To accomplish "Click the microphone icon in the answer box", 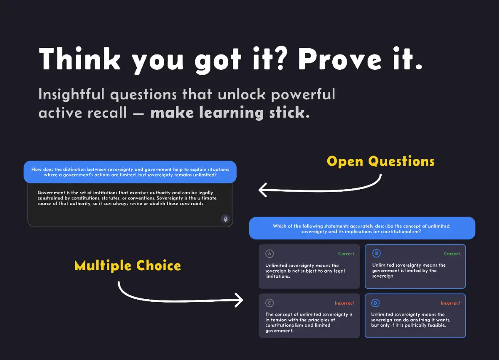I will click(225, 219).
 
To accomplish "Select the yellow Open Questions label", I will click(380, 161).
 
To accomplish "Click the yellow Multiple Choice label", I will click(128, 266).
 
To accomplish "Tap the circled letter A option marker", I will click(269, 254).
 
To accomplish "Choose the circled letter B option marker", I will click(376, 254).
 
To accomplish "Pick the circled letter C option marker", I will click(269, 303).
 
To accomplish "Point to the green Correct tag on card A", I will click(346, 254).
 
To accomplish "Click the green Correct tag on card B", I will click(452, 254).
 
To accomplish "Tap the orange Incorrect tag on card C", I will click(344, 303).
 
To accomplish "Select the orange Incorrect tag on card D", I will click(450, 303).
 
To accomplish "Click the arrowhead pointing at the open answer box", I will click(262, 190).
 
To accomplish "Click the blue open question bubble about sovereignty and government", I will click(130, 172).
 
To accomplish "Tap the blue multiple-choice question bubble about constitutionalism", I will click(362, 228).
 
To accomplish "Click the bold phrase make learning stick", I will click(230, 113).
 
